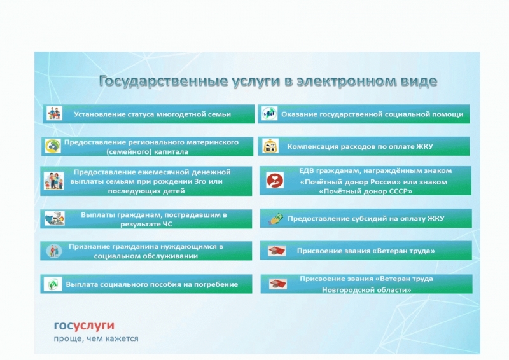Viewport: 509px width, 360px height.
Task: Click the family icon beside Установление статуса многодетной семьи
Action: (54, 113)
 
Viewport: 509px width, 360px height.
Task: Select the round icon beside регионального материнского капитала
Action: (53, 146)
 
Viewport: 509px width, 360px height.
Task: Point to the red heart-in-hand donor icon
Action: (275, 181)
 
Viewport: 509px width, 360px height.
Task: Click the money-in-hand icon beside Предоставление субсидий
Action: (275, 218)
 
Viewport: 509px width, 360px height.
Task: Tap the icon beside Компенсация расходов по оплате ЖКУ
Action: (270, 146)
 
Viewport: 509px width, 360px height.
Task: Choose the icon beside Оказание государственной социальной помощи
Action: (269, 114)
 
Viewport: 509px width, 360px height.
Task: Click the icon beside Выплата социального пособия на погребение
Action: (53, 284)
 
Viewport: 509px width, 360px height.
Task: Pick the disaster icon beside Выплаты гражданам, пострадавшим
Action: (55, 218)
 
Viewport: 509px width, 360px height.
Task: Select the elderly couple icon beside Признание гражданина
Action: (54, 251)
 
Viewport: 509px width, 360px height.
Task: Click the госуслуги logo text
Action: (84, 326)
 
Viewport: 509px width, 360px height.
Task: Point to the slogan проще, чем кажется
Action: (96, 338)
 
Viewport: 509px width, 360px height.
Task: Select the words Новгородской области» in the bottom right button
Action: (366, 289)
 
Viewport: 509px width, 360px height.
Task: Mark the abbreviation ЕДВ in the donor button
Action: (306, 170)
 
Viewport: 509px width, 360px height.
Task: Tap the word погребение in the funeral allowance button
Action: (216, 285)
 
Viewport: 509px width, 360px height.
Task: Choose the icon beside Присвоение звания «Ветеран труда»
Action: (277, 251)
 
